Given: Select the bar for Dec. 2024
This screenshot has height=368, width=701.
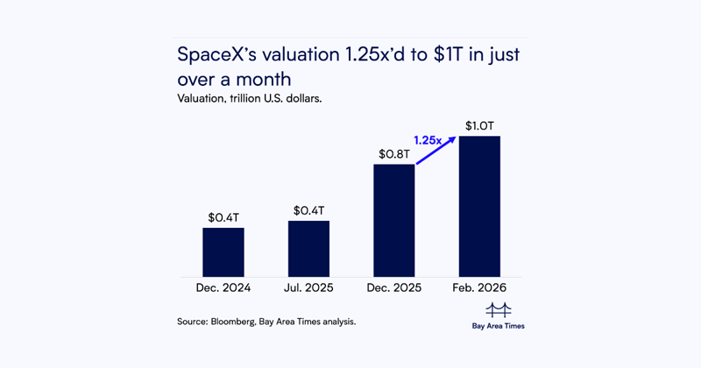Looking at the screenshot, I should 223,252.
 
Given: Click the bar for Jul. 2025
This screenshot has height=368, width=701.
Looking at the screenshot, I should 308,249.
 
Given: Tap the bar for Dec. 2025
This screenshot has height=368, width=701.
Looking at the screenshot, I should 393,220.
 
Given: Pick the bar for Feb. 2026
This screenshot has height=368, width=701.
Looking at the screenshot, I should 479,206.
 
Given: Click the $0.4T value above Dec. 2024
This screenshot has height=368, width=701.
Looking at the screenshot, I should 223,216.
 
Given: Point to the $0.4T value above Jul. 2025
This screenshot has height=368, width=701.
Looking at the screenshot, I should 308,209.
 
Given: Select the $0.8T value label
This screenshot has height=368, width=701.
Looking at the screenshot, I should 393,152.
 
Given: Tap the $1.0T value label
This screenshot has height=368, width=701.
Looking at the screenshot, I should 479,124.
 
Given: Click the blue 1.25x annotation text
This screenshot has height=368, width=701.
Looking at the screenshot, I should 428,139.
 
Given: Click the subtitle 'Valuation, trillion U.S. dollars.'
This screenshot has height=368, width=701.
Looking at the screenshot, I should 250,99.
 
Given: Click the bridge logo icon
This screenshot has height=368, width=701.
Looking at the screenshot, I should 498,308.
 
